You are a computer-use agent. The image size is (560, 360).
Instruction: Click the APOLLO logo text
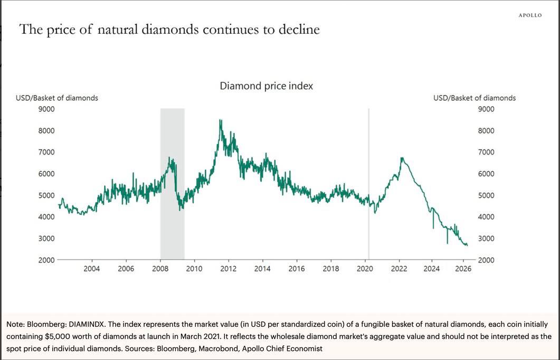[530, 15]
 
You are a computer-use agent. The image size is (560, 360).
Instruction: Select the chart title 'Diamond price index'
[266, 86]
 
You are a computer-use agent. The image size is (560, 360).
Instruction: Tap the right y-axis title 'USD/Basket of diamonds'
[474, 98]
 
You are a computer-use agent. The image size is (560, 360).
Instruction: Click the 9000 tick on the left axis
[46, 109]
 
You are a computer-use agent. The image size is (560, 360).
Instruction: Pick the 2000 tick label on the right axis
[486, 260]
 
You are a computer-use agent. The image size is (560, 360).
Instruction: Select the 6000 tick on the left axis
[46, 174]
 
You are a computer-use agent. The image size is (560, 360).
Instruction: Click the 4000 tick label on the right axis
[486, 216]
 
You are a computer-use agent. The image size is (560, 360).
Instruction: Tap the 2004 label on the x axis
[92, 269]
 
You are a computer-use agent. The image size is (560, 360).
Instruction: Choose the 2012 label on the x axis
[228, 269]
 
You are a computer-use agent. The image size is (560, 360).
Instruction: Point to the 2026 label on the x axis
[463, 269]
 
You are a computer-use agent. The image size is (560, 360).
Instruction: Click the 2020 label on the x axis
[365, 269]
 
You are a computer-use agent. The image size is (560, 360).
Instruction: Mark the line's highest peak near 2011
[220, 120]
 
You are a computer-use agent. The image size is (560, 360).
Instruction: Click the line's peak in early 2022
[402, 158]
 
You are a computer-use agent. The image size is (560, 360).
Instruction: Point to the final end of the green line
[467, 245]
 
